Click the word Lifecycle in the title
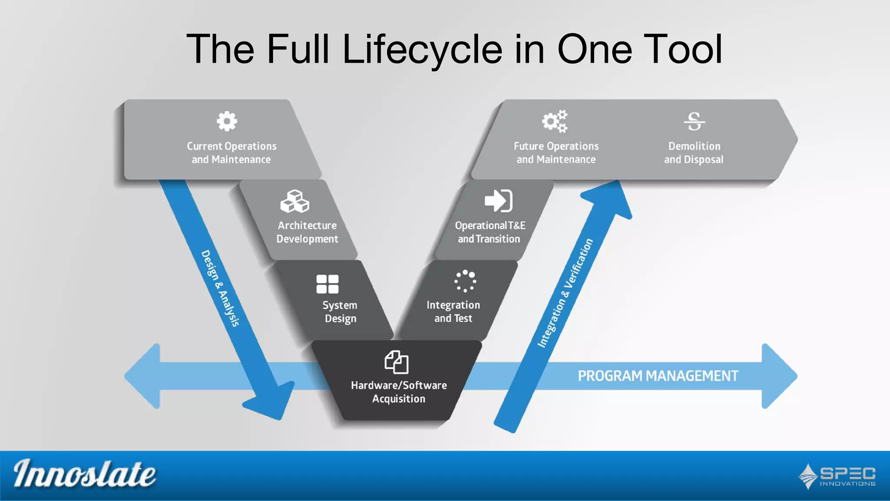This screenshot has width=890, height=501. click(x=422, y=49)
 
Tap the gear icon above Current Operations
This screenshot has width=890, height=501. click(x=227, y=121)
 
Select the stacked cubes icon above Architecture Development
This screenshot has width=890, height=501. click(x=295, y=201)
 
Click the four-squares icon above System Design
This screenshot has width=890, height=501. click(x=327, y=284)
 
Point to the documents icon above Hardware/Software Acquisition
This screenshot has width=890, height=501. click(x=396, y=362)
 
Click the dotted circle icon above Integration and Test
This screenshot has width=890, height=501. click(x=465, y=281)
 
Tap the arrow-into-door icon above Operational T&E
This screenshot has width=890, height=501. click(x=498, y=200)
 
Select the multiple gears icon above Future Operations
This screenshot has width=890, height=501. click(x=555, y=121)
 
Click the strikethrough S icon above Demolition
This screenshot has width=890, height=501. click(x=694, y=121)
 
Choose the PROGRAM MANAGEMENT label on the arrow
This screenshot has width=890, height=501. click(x=658, y=376)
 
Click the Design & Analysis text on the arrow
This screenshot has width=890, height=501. click(x=220, y=288)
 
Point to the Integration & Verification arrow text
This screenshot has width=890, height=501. click(x=565, y=293)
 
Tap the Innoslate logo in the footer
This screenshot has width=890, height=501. click(x=84, y=474)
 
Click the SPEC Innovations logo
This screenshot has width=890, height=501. click(x=837, y=476)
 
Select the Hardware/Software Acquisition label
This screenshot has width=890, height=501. click(x=399, y=392)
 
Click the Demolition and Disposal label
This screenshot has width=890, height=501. click(x=694, y=153)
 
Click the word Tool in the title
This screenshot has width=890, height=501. click(x=682, y=49)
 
